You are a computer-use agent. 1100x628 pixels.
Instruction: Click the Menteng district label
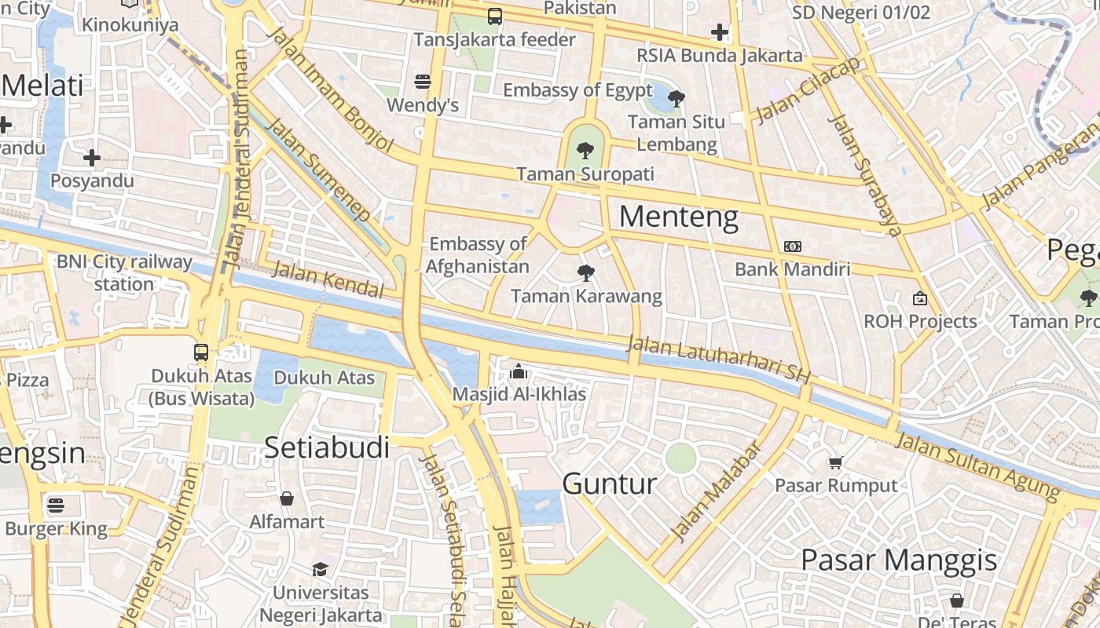pos(679,217)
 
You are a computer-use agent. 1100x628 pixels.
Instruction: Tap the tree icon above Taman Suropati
pos(584,151)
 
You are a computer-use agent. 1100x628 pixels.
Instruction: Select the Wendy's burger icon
pos(423,82)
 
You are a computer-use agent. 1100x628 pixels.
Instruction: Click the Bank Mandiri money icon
pos(792,246)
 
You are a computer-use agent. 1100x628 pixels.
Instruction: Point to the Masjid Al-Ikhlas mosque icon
pos(519,371)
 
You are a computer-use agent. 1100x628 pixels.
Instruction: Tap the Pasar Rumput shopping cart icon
pos(835,463)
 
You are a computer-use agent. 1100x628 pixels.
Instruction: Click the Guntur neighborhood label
pos(610,484)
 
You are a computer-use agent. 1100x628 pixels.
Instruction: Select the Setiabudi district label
pos(327,447)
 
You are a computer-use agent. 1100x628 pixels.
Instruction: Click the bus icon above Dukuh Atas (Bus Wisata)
pos(201,352)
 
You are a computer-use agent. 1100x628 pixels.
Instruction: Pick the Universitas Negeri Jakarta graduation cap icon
pos(320,569)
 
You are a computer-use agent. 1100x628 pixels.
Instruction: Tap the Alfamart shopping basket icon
pos(287,498)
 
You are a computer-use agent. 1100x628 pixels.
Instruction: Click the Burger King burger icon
pos(56,505)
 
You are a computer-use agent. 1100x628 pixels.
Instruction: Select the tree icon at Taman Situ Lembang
pos(676,99)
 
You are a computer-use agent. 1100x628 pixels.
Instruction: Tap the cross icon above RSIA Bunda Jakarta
pos(719,32)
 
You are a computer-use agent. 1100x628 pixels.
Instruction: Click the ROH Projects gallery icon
pos(919,298)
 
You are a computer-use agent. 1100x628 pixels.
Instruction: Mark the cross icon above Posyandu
pos(92,158)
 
